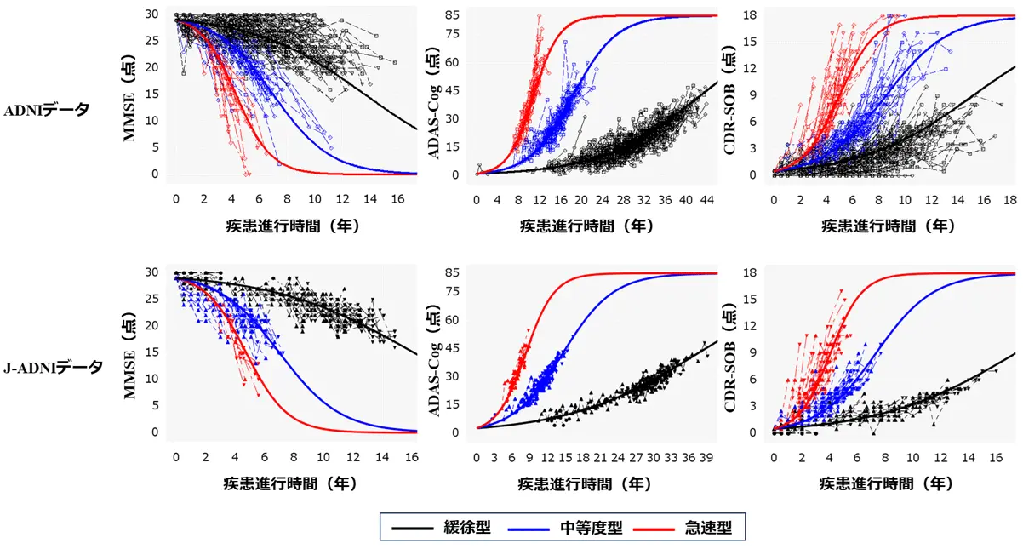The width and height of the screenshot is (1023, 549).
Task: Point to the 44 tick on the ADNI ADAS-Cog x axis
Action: click(707, 199)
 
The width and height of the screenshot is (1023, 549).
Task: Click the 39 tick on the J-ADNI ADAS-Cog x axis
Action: click(706, 457)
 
